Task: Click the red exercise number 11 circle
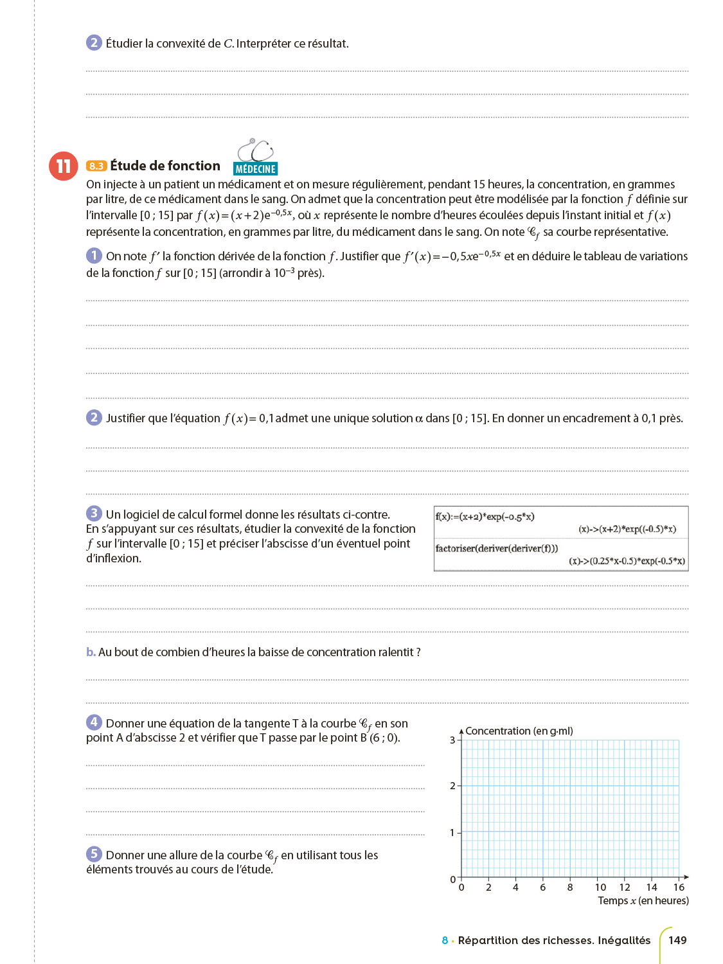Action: [63, 166]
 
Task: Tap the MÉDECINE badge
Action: [255, 169]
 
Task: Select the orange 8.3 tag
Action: [96, 166]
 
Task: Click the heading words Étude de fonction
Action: [165, 166]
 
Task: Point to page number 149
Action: [677, 940]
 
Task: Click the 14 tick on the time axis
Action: [652, 888]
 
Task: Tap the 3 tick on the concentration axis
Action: [452, 740]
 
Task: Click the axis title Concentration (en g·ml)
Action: [519, 731]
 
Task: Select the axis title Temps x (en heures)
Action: [643, 900]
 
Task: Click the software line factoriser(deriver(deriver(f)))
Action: [497, 548]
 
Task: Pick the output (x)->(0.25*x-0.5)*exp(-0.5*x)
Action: [627, 561]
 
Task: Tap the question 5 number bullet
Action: [94, 854]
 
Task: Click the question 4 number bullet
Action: [94, 722]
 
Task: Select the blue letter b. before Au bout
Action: [91, 652]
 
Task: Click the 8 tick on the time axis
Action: [570, 888]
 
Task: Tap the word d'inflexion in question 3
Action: [114, 558]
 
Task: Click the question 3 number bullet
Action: [94, 513]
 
